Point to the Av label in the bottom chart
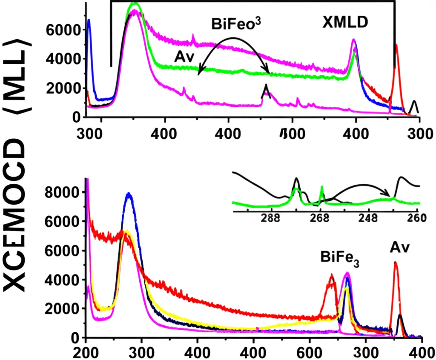point(399,247)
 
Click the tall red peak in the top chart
point(396,47)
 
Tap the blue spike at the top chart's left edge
point(89,21)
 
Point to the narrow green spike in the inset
point(322,188)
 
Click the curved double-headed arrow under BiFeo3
point(233,40)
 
